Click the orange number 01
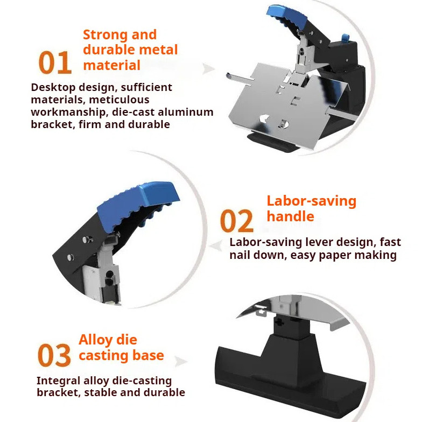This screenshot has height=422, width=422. click(x=55, y=63)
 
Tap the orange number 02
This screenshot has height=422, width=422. click(x=236, y=221)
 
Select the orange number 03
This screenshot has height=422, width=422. click(x=54, y=356)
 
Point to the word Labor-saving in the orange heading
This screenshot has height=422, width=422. click(x=311, y=201)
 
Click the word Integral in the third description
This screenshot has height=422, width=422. click(x=59, y=381)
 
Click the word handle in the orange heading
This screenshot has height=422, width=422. click(x=290, y=216)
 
